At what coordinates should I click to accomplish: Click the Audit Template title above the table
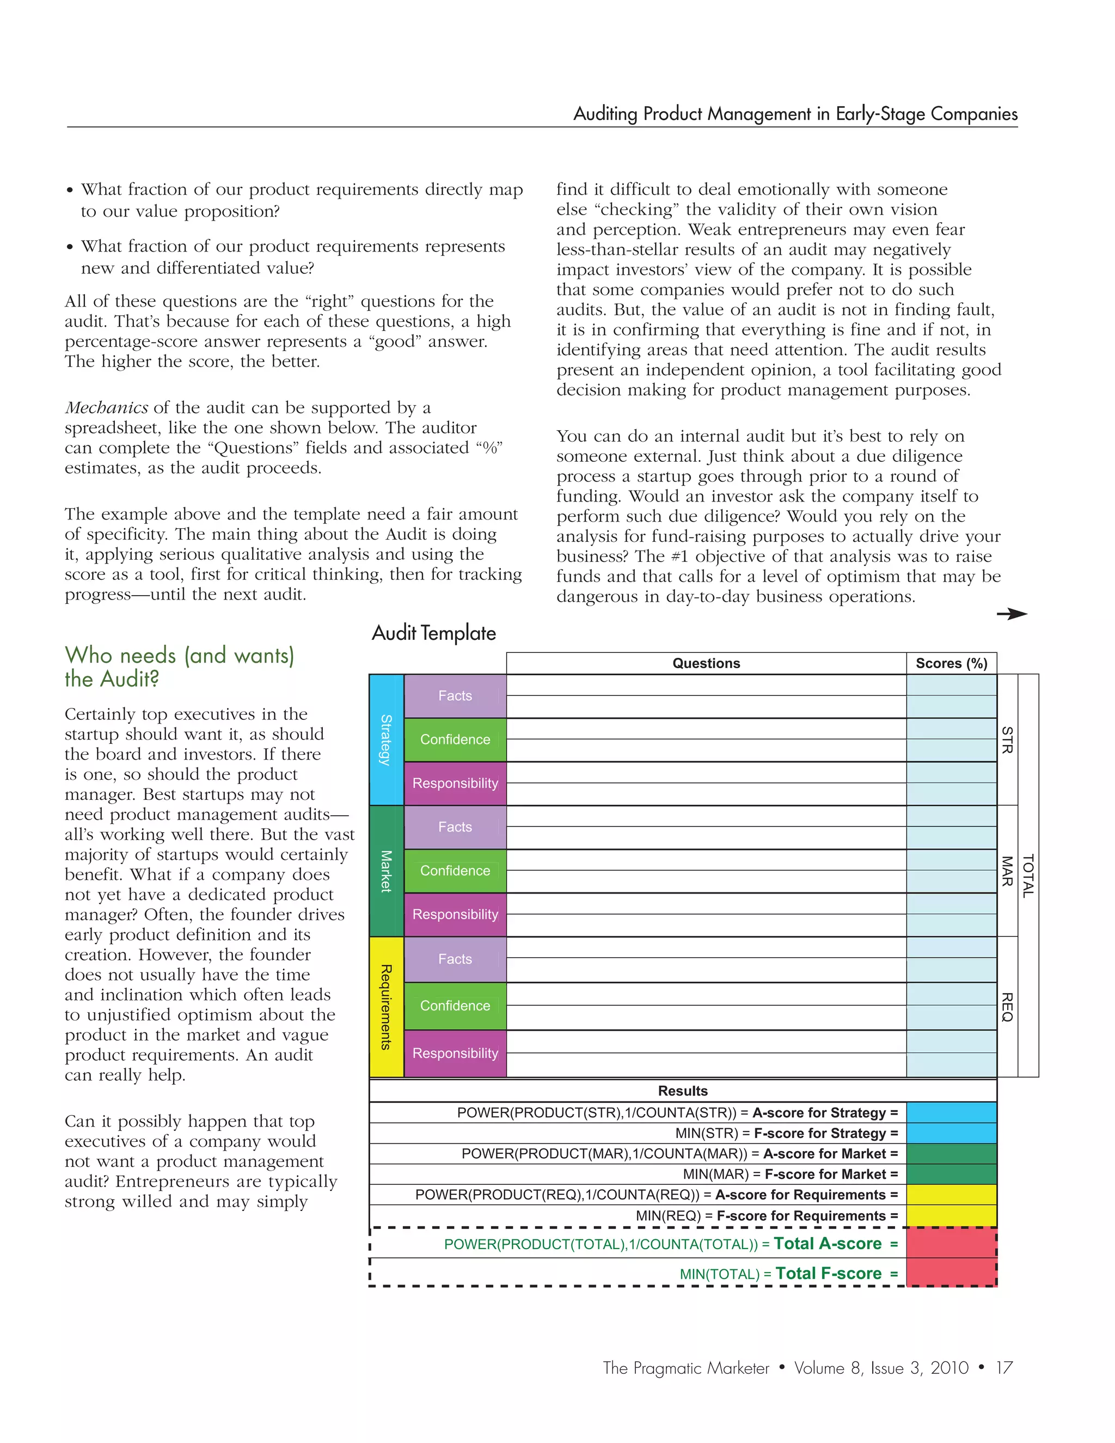[433, 633]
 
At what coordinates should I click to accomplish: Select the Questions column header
[706, 663]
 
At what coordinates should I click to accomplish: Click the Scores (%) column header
[951, 663]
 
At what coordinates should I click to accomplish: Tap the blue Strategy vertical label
[387, 739]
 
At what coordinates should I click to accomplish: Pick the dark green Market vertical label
[387, 870]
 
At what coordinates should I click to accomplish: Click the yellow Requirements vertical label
[387, 1006]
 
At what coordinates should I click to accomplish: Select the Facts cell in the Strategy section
[455, 696]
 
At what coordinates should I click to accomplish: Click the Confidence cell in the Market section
[455, 871]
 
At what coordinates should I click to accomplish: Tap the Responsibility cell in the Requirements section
[455, 1053]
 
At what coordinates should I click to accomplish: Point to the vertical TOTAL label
[1028, 876]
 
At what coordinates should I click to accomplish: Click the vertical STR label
[1007, 739]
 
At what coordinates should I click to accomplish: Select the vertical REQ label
[1007, 1006]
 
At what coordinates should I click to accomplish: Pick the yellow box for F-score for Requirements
[951, 1216]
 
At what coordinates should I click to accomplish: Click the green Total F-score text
[828, 1273]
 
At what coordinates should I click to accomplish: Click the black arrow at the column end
[1012, 614]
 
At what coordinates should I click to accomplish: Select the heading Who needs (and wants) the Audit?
[179, 667]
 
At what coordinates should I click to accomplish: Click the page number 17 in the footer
[1004, 1368]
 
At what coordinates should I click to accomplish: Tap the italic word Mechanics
[106, 408]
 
